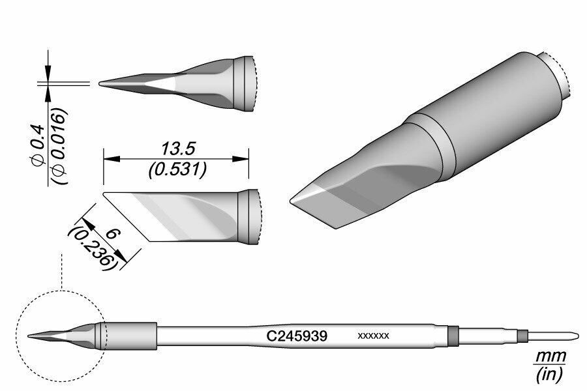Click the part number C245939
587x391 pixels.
click(297, 336)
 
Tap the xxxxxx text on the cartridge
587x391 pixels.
click(374, 336)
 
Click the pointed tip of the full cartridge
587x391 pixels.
click(29, 336)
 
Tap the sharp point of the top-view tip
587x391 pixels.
click(100, 83)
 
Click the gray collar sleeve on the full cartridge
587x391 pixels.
click(129, 336)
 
